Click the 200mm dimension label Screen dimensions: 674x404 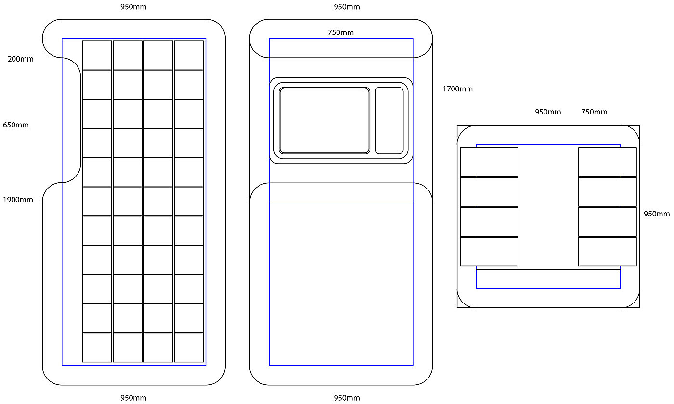click(x=21, y=59)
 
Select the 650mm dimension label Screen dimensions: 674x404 click(x=16, y=125)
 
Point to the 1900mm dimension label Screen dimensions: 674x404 click(x=18, y=200)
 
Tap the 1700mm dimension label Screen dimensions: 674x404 click(x=457, y=89)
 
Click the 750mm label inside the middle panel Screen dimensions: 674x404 click(x=340, y=32)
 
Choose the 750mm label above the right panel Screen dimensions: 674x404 click(x=594, y=112)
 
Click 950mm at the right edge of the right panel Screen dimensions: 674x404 click(x=657, y=214)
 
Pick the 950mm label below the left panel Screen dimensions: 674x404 click(x=133, y=398)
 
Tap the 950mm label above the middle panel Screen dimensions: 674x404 click(x=347, y=7)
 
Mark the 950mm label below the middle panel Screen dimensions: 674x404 click(x=347, y=398)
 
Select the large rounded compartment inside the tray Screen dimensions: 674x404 click(x=324, y=121)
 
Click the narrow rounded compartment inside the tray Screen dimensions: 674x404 click(x=389, y=121)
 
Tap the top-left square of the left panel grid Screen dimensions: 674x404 click(x=97, y=55)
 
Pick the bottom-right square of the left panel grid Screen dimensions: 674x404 click(x=189, y=347)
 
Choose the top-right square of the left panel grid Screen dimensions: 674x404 click(x=189, y=55)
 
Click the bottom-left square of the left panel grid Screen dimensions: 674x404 click(x=97, y=347)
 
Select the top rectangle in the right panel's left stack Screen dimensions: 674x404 click(x=489, y=162)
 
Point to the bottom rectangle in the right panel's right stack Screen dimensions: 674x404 click(x=607, y=252)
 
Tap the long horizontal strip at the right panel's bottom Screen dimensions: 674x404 click(x=548, y=279)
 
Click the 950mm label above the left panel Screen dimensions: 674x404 click(x=133, y=7)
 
